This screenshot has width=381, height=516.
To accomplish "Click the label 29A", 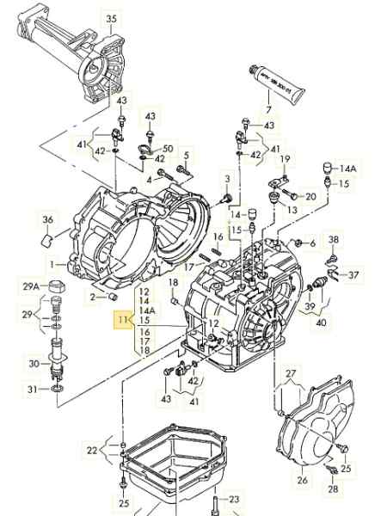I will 31,286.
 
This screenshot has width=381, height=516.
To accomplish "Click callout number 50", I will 168,149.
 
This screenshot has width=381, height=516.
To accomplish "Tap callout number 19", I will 286,159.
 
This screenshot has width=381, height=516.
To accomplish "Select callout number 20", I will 310,196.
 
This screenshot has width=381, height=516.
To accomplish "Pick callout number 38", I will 334,239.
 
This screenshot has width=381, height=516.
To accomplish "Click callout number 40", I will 320,323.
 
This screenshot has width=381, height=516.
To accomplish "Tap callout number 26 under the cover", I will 302,480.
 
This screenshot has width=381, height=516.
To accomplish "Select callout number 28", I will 333,489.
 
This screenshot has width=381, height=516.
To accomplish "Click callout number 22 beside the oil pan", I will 92,450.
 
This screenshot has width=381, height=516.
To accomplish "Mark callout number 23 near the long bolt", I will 234,499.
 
